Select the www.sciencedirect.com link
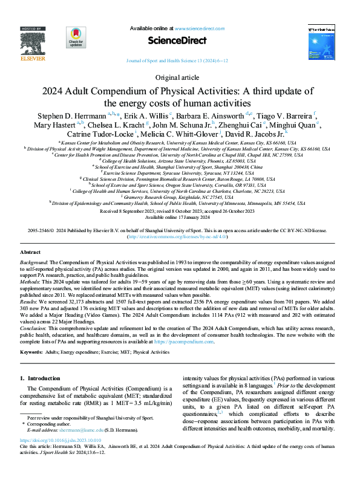coord(200,28)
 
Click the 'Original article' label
coord(180,77)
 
